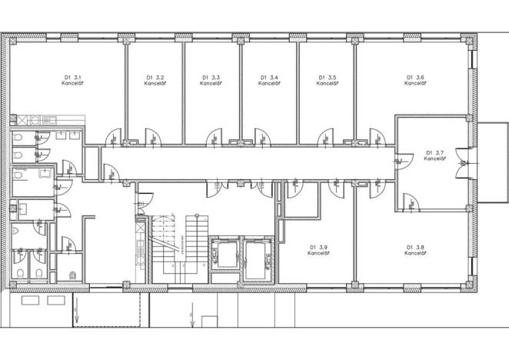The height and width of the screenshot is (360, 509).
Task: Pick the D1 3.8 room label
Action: point(415,250)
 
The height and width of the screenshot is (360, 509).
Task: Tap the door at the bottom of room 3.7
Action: point(413,202)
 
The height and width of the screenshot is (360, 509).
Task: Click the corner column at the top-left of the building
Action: point(10,39)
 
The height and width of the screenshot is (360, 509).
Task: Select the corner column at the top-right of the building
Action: point(471,39)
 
